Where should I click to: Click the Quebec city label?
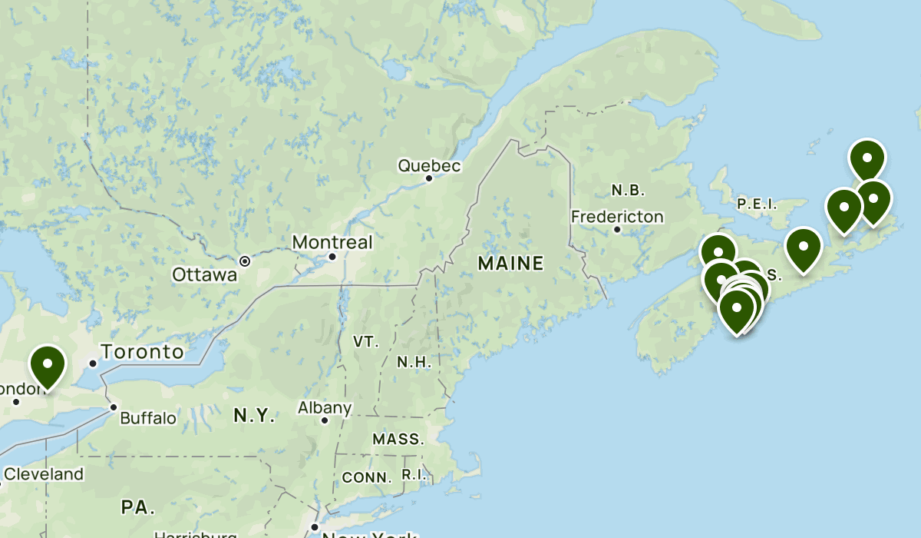(429, 165)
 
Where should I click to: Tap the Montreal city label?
(332, 243)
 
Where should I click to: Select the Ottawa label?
(204, 274)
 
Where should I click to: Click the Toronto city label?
(146, 352)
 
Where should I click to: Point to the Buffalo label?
(148, 419)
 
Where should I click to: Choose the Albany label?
(325, 408)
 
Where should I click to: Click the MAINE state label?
(510, 264)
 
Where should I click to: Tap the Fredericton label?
(617, 217)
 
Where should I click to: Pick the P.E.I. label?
(757, 204)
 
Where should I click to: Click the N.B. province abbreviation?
(628, 190)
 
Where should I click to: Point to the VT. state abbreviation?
(366, 341)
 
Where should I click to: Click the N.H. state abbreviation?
(414, 362)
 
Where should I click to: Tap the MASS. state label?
(398, 440)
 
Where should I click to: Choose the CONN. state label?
(367, 477)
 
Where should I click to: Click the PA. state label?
(138, 507)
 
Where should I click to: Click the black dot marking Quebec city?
(429, 179)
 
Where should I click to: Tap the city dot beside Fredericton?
(617, 230)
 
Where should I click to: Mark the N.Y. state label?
(254, 416)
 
